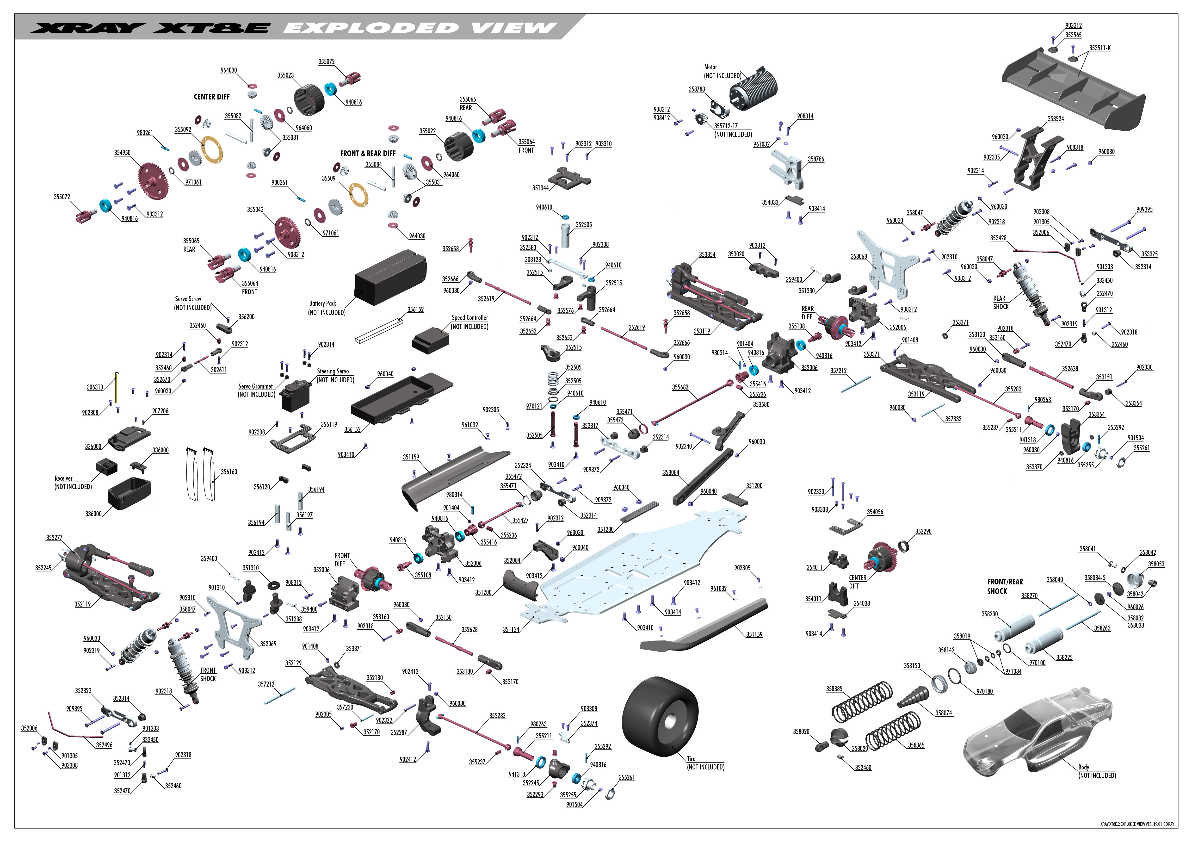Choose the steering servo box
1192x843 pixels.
click(x=294, y=395)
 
